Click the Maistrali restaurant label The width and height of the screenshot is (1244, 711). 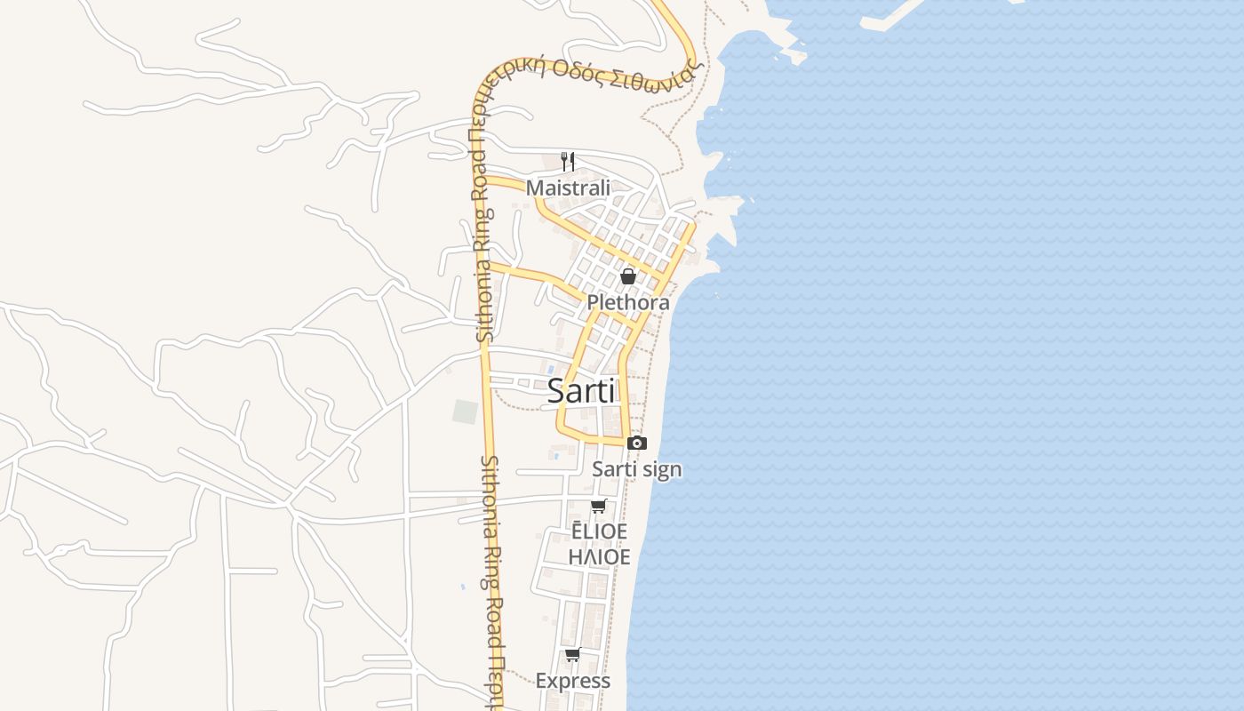(568, 188)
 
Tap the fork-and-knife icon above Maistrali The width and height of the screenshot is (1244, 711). (568, 162)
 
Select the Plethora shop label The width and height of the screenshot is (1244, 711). (627, 303)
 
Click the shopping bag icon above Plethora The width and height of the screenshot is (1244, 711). (627, 276)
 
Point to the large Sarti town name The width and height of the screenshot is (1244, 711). (581, 390)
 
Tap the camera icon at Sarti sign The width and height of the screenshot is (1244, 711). (636, 443)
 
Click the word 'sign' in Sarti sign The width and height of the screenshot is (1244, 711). (661, 469)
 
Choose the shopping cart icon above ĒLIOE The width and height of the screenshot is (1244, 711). (599, 507)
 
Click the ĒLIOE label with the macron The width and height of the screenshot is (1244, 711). (599, 531)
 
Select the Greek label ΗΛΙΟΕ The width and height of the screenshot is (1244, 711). (599, 557)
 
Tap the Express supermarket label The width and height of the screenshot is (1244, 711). (572, 681)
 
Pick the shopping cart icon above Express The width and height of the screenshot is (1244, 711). (572, 655)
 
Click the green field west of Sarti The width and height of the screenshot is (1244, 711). (465, 411)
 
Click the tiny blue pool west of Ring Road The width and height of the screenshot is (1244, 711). (462, 587)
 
